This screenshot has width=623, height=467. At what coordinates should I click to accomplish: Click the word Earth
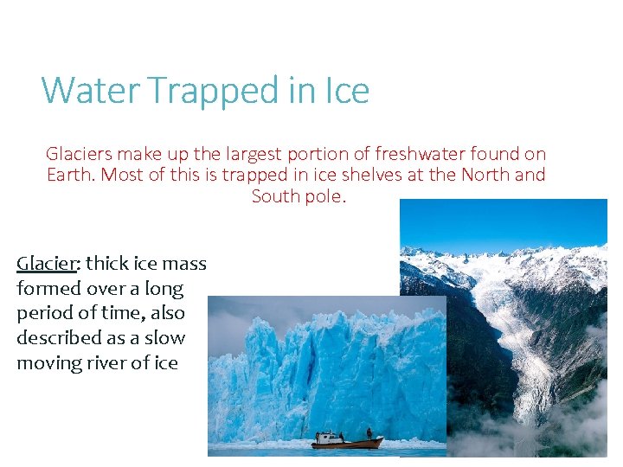pyautogui.click(x=71, y=175)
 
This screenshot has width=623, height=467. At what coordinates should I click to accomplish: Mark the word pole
pyautogui.click(x=326, y=196)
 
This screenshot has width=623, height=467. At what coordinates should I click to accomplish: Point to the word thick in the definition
pyautogui.click(x=108, y=262)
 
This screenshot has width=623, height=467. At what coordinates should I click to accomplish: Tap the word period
pyautogui.click(x=43, y=313)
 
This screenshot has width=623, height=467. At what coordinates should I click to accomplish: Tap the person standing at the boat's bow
pyautogui.click(x=369, y=432)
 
